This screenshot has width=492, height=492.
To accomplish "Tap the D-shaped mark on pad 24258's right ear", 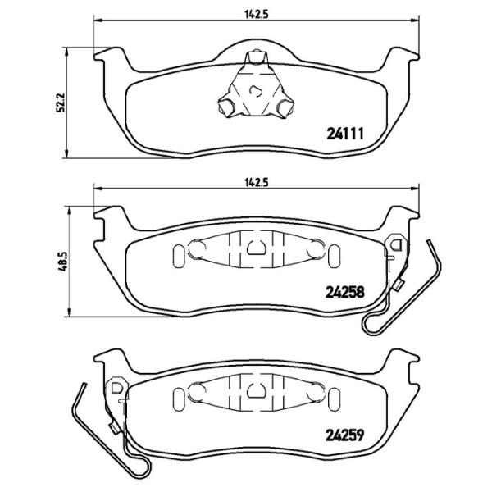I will tap(396, 244).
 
